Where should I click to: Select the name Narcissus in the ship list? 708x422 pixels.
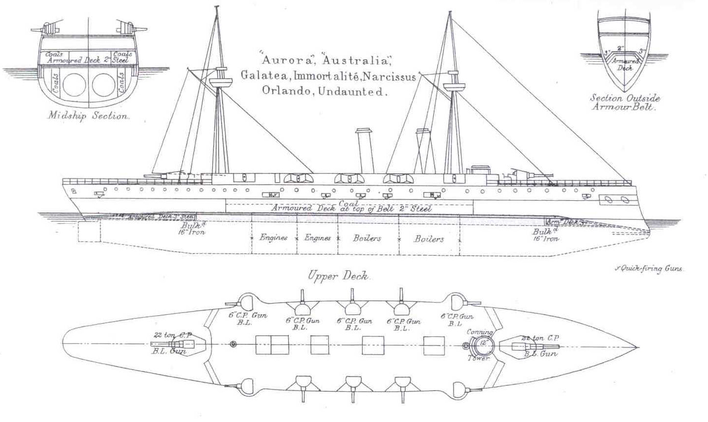point(390,76)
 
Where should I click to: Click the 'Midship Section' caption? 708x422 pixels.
point(89,117)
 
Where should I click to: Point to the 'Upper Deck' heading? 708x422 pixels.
point(340,277)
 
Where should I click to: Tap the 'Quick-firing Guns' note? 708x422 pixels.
point(649,268)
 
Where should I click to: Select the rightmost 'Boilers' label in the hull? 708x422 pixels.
point(429,239)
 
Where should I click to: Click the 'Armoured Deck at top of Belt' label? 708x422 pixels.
point(351,209)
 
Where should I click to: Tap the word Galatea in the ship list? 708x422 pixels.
point(260,76)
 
